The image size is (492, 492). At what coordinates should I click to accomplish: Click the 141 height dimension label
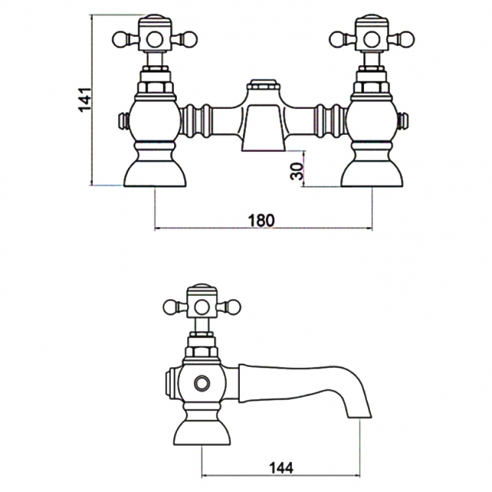(85, 100)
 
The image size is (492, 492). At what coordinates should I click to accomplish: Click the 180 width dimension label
(261, 220)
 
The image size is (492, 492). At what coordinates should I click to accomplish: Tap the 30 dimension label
(297, 171)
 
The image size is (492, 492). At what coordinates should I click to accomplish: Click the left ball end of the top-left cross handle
(120, 39)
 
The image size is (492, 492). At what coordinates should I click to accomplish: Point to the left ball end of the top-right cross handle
(336, 39)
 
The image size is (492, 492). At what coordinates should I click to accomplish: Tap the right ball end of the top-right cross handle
(407, 39)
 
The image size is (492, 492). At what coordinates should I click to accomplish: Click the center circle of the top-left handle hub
(154, 40)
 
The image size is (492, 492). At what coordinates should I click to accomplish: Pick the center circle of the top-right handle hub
(372, 40)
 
